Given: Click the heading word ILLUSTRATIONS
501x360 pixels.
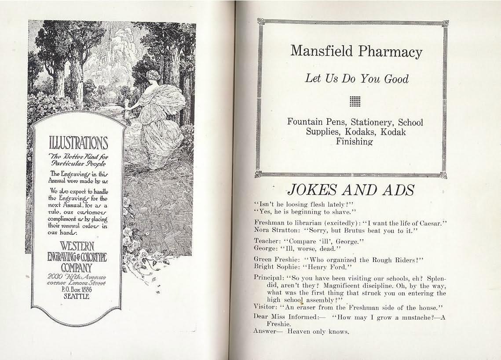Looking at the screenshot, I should [x=78, y=143].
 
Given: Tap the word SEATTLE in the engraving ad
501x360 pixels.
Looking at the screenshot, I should [x=76, y=296].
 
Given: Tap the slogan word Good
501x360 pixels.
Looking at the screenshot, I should [x=396, y=79].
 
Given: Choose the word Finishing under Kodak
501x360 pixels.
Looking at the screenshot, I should [x=354, y=142].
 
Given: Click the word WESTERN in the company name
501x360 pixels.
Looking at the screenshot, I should [x=77, y=245].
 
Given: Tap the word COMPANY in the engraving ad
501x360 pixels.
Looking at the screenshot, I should [x=76, y=267].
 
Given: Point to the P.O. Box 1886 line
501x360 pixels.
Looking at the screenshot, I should [x=76, y=289].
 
